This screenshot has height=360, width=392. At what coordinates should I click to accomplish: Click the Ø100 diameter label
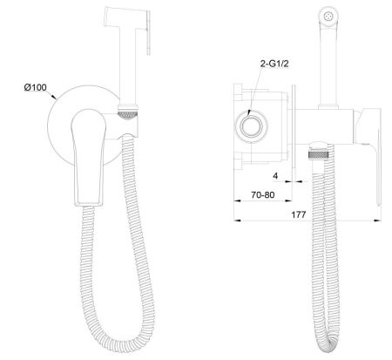[x=35, y=87]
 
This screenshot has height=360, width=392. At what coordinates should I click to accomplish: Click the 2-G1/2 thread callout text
[x=274, y=64]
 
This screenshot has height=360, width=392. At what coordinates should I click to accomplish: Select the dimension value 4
[x=275, y=175]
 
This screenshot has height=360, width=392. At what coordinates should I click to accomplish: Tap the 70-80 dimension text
[x=262, y=194]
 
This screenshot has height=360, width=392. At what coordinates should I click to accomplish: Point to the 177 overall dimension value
[x=299, y=214]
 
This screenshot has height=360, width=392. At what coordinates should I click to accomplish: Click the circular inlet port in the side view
[x=250, y=127]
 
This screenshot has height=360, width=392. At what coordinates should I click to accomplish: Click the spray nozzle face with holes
[x=328, y=15]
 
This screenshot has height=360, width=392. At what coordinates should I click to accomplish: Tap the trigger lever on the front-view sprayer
[x=148, y=32]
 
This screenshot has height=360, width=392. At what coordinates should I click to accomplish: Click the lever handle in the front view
[x=88, y=157]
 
